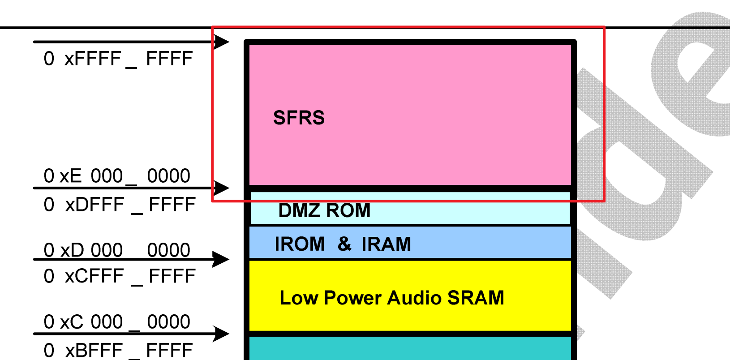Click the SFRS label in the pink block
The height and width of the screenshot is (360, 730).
(299, 118)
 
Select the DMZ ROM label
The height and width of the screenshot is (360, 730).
(324, 210)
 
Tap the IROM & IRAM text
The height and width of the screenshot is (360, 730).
(343, 244)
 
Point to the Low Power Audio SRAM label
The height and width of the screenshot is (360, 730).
(392, 298)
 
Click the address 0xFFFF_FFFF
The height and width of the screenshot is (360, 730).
(118, 59)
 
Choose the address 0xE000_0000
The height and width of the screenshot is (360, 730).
(117, 176)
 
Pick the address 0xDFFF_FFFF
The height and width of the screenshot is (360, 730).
(120, 205)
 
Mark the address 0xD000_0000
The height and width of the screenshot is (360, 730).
(117, 250)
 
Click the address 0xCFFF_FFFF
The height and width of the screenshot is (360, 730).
(120, 276)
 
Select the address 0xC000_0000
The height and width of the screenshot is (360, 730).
(117, 322)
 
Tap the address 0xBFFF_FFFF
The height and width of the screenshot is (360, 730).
(118, 350)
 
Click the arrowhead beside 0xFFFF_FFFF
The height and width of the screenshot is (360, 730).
(221, 42)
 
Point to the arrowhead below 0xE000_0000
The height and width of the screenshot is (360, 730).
(221, 188)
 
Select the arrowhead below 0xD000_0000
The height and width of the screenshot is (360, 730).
(221, 259)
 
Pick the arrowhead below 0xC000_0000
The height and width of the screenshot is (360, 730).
(221, 334)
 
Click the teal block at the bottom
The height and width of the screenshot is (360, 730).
(410, 349)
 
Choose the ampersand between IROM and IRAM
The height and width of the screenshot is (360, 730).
(344, 244)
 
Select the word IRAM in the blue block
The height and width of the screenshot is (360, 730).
(386, 244)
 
